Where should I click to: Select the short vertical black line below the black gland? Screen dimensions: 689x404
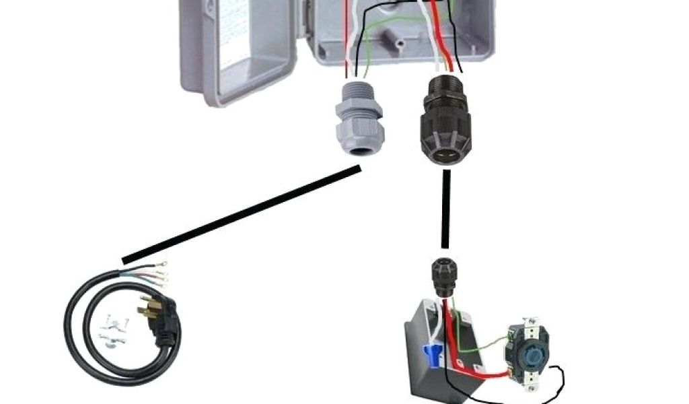445,209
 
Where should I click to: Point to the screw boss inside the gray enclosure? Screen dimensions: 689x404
400,42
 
